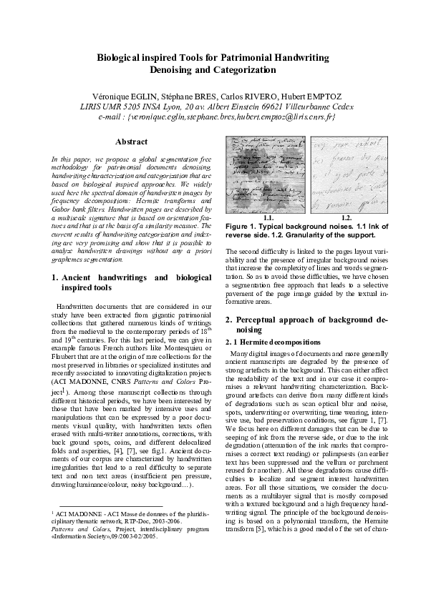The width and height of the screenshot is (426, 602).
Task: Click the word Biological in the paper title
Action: point(121,56)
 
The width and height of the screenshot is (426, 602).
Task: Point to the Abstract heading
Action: point(131,142)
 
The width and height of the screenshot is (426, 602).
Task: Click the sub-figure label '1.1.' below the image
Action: point(270,217)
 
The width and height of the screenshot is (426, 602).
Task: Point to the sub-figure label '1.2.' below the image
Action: point(347,217)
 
